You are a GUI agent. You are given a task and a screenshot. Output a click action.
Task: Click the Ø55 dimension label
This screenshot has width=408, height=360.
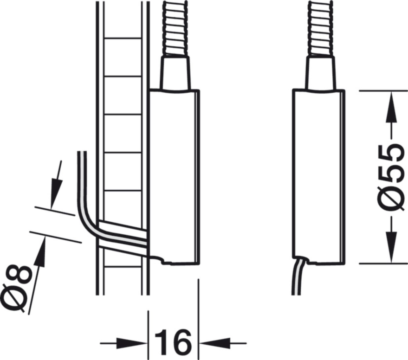tap(391, 177)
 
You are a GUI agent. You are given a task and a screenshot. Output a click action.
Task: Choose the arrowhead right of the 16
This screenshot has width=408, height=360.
tap(211, 343)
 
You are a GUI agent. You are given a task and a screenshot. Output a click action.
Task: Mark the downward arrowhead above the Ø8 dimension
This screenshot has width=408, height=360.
tap(54, 197)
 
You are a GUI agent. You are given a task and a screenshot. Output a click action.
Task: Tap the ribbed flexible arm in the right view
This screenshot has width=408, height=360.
tap(320, 28)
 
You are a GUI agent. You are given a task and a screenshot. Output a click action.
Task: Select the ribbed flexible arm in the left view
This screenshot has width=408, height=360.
tap(175, 28)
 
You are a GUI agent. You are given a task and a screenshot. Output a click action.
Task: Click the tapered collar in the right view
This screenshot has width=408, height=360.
tap(320, 73)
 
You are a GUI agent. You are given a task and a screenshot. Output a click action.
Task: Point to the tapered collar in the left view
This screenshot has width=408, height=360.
tap(175, 73)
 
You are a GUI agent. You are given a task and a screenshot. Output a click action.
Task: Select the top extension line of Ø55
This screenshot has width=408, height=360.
tap(381, 90)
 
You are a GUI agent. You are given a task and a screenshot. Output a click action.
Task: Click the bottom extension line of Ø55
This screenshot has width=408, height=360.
tap(381, 264)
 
